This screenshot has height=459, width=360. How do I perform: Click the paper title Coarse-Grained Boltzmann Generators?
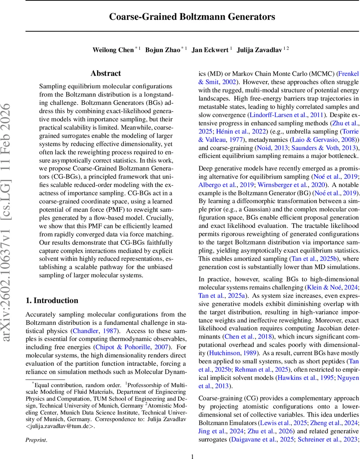[x=192, y=17]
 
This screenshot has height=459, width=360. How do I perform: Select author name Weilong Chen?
[x=113, y=50]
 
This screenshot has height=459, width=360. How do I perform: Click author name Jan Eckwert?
[x=210, y=50]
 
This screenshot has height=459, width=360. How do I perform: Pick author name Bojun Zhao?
[x=163, y=50]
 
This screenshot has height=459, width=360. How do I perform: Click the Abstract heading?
[x=106, y=73]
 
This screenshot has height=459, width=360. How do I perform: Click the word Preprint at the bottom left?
[x=36, y=440]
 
